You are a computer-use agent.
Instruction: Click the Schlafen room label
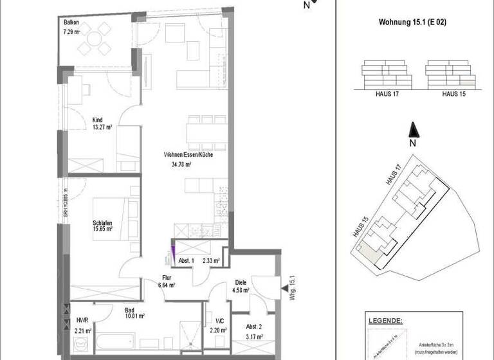[x=103, y=222]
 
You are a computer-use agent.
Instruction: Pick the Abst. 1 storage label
[x=184, y=261]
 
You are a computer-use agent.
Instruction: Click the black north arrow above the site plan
[x=414, y=130]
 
